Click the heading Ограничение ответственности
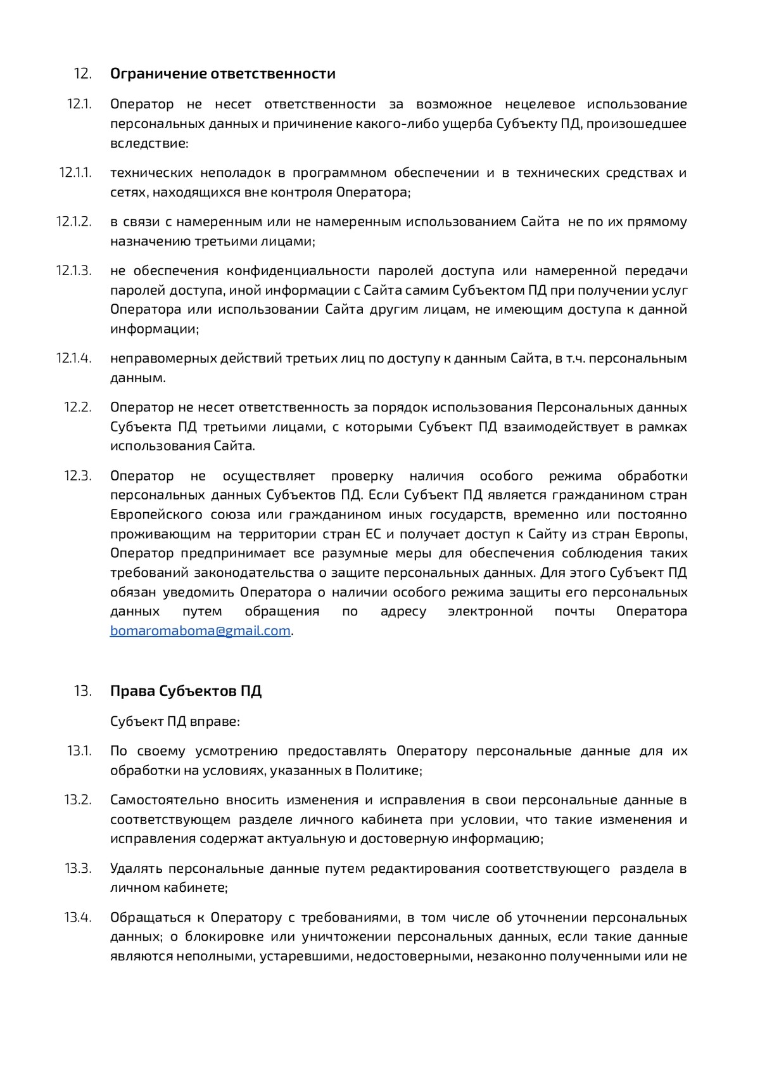tap(222, 74)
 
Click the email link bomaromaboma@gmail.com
tap(200, 631)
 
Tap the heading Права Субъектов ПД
tap(186, 691)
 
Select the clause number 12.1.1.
tap(75, 172)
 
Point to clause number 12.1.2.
tap(73, 221)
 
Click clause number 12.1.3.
tap(73, 271)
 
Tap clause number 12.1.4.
tap(73, 358)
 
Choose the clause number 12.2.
tap(77, 407)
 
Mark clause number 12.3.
tap(77, 475)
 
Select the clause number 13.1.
tap(79, 751)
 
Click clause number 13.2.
tap(78, 800)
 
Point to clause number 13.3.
tap(78, 868)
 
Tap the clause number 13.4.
tap(78, 917)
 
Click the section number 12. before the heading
tap(83, 74)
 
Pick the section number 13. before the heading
tap(83, 691)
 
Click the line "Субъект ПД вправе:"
tap(175, 721)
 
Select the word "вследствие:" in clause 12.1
tap(149, 143)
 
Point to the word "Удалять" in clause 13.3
tap(136, 868)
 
